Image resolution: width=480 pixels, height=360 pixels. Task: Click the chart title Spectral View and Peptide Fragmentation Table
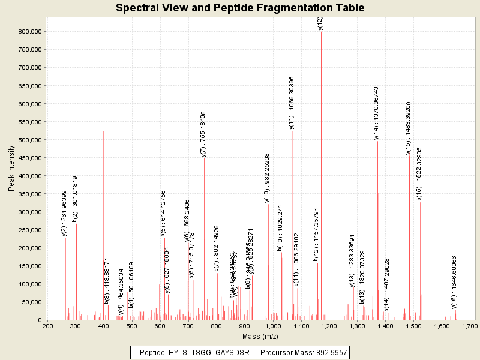(x=240, y=8)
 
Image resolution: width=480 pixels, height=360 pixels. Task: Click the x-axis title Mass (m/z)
(x=259, y=337)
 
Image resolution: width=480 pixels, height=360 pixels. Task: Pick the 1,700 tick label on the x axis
(x=470, y=326)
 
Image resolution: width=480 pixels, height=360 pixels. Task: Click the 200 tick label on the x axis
(x=47, y=326)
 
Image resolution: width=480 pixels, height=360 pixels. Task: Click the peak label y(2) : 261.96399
(x=65, y=213)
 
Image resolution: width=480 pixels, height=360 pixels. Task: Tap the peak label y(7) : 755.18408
(x=203, y=134)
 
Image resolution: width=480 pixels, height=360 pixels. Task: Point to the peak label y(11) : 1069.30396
(x=292, y=102)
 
